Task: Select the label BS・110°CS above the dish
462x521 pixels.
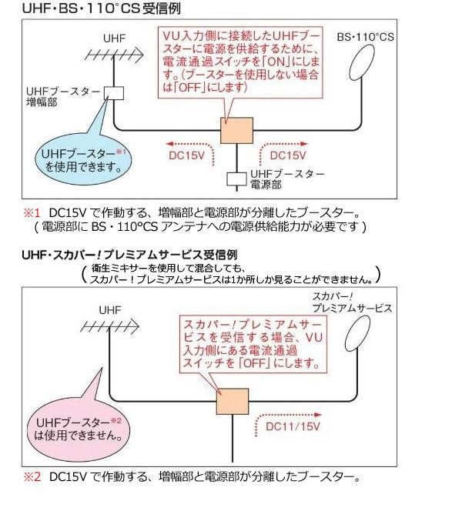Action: [366, 37]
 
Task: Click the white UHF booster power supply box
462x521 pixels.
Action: [236, 179]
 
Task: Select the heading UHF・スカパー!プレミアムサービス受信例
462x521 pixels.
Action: [129, 253]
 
